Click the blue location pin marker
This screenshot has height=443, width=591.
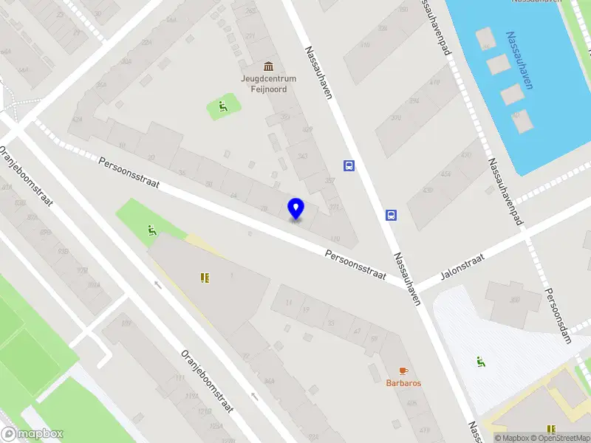(x=295, y=210)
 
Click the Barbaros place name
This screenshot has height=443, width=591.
(x=403, y=382)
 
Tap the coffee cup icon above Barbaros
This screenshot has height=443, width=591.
(x=403, y=370)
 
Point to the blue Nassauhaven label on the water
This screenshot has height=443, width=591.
(x=519, y=60)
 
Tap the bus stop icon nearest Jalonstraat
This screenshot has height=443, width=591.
(x=391, y=216)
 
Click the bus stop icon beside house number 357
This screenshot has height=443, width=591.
(x=349, y=165)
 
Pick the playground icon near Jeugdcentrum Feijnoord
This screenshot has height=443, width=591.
(x=222, y=109)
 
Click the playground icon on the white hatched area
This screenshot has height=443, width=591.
(x=481, y=362)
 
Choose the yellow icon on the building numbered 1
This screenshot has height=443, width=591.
(x=205, y=278)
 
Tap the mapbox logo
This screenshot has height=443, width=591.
(x=33, y=434)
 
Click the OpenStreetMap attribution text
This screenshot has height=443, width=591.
(x=559, y=438)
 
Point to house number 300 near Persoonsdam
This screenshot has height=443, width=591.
(x=515, y=300)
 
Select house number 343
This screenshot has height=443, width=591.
(x=302, y=156)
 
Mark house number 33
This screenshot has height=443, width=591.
(x=330, y=323)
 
